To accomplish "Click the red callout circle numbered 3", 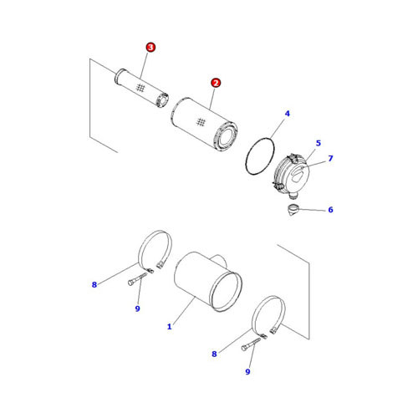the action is [x=150, y=47].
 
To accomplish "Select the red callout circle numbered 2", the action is [x=216, y=83].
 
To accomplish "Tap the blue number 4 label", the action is [x=288, y=114].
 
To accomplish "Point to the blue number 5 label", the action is [x=319, y=143].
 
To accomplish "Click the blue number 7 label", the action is [x=330, y=158].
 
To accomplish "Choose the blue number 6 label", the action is [x=330, y=210].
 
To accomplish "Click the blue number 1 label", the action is [x=170, y=326].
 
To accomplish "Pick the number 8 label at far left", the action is [x=94, y=284].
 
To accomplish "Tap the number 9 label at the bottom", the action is [x=247, y=371].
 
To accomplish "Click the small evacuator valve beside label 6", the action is [x=293, y=210].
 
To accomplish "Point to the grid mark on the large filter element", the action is [x=201, y=122].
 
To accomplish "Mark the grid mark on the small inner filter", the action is [x=140, y=88].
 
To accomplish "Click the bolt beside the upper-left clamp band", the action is [x=137, y=279].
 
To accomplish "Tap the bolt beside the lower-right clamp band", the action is [x=251, y=344].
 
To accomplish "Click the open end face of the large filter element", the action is [x=227, y=137].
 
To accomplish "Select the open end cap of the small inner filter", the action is [x=163, y=100].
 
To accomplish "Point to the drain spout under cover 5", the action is [x=293, y=196].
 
